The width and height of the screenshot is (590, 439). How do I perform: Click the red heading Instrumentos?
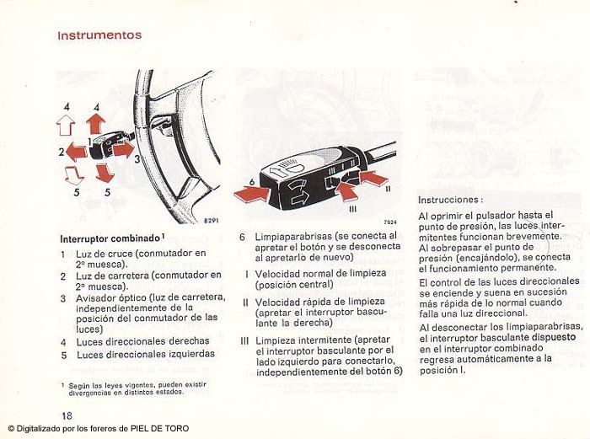[99, 35]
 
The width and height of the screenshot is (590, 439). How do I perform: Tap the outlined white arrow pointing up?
[65, 126]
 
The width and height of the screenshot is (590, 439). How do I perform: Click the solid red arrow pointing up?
[95, 125]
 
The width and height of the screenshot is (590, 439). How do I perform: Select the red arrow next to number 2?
[77, 152]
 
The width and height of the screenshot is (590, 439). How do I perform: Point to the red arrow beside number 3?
[123, 150]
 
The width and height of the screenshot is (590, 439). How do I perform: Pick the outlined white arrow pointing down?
[73, 174]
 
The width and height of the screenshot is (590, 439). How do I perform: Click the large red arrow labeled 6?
[253, 195]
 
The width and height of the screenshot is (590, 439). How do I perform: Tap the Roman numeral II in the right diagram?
[388, 190]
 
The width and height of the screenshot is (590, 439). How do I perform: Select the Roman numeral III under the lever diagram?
[352, 208]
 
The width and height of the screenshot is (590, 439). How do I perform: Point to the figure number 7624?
[389, 222]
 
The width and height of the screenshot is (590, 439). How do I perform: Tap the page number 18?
[67, 416]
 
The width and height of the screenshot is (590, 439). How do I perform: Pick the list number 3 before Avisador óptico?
[63, 297]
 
